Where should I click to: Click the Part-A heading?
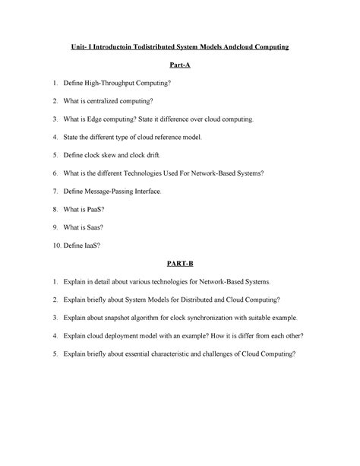tap(179, 66)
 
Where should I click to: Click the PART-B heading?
tap(179, 262)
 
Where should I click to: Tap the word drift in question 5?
tap(172, 155)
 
